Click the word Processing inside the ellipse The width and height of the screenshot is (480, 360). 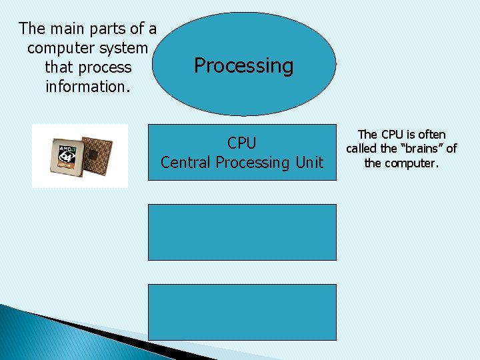(243, 66)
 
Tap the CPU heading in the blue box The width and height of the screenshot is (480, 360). (241, 143)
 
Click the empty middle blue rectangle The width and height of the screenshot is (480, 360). (242, 232)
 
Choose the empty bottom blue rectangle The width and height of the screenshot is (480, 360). (242, 312)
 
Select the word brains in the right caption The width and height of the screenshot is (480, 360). (421, 149)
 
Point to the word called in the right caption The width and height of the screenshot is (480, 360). (361, 149)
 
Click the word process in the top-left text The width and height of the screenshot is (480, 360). (107, 67)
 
